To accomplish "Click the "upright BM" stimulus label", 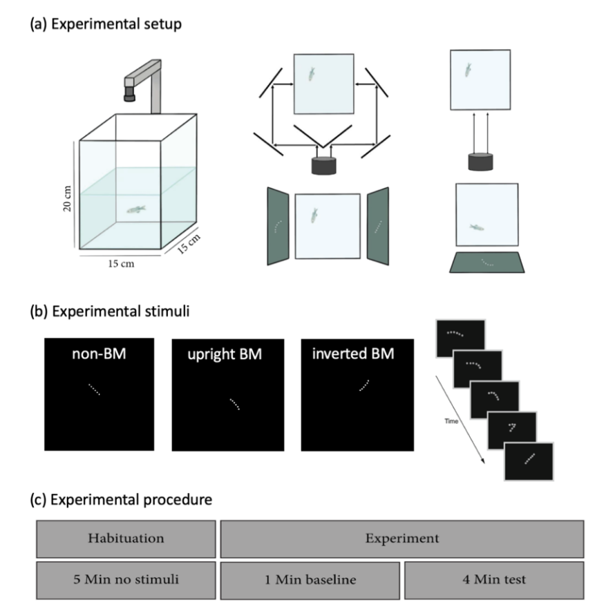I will (x=220, y=357).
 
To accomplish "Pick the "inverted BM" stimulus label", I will (x=352, y=357).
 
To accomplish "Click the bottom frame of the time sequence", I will (x=529, y=461).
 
